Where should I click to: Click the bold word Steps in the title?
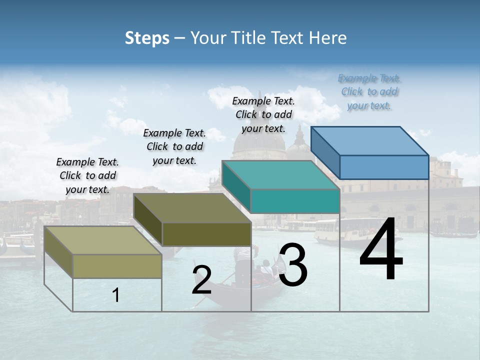coord(147,38)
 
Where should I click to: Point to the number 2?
coord(201,280)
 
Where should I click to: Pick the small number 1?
coord(116,295)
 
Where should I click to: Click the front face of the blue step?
coord(384,167)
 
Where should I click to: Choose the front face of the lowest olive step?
coord(117,266)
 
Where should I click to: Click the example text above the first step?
coord(87,175)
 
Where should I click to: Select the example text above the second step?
coord(174,146)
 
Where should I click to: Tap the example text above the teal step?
coord(263,114)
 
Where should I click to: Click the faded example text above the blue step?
coord(369,91)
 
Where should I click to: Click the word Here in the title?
coord(329,38)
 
